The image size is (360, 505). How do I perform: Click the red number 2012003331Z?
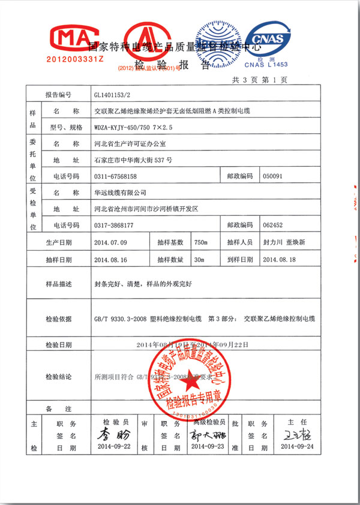pyautogui.click(x=75, y=61)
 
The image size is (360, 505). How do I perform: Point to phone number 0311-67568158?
pyautogui.click(x=116, y=177)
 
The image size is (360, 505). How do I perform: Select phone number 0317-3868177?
pyautogui.click(x=114, y=226)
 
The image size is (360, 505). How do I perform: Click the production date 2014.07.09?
pyautogui.click(x=112, y=243)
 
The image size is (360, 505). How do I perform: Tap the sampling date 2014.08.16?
pyautogui.click(x=112, y=260)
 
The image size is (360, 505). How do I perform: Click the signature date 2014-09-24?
pyautogui.click(x=297, y=447)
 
